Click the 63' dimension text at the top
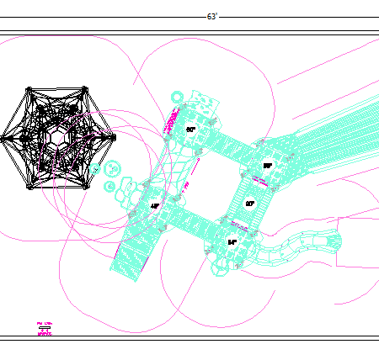point(212,17)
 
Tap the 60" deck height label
point(191,130)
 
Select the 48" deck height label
point(155,205)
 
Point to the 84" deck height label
point(232,241)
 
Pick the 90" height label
point(250,203)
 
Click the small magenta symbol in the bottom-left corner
point(45,329)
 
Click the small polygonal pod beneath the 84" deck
point(219,267)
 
